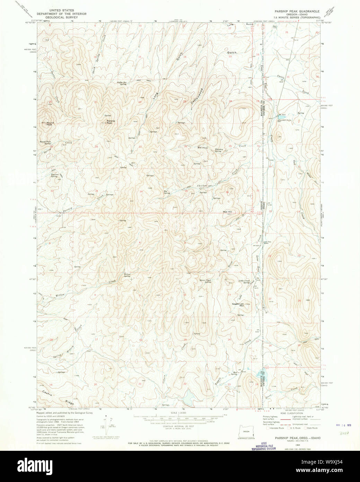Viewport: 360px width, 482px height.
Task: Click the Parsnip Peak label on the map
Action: tap(109, 122)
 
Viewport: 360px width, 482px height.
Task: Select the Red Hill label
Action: tap(227, 212)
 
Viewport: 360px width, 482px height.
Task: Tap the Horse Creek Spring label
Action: tap(205, 281)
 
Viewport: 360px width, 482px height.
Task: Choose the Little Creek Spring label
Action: tap(244, 281)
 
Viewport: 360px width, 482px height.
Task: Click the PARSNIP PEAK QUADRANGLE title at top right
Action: tap(297, 11)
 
